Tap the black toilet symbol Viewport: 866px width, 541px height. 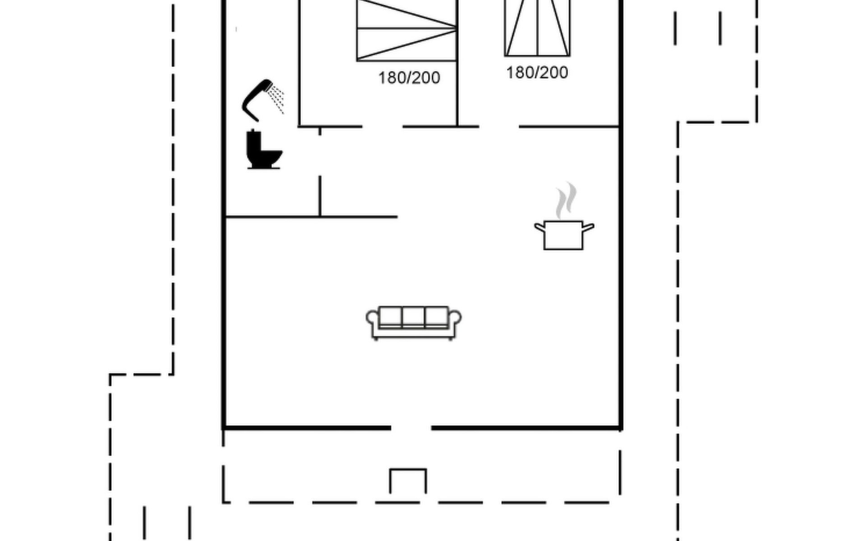(x=264, y=150)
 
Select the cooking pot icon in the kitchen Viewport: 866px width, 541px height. (x=564, y=234)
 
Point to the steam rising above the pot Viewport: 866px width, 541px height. (x=566, y=200)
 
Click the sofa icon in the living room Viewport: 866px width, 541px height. (x=414, y=323)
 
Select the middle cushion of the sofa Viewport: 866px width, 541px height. (x=413, y=316)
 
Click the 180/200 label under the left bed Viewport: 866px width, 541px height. (x=409, y=78)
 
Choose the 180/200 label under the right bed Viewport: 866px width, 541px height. (x=537, y=73)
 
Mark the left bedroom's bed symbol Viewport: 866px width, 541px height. (x=406, y=30)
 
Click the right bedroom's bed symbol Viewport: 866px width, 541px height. (x=537, y=28)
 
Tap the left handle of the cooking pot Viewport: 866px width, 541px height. (x=540, y=228)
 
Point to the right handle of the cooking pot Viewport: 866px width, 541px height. (x=588, y=228)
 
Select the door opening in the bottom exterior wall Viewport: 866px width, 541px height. (x=411, y=427)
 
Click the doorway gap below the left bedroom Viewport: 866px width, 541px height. (x=382, y=127)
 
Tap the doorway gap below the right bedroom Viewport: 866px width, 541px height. (x=499, y=127)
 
